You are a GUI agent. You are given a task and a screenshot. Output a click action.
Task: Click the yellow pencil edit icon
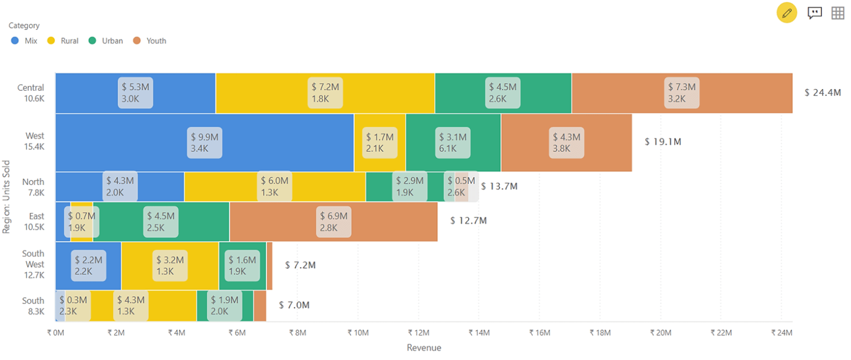click(786, 13)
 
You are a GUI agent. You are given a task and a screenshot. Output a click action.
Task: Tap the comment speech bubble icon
click(814, 13)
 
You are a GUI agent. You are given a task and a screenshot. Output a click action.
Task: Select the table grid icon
click(838, 13)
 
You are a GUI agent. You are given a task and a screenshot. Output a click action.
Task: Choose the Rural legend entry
click(63, 41)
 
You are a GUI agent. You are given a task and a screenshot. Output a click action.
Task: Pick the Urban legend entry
click(106, 41)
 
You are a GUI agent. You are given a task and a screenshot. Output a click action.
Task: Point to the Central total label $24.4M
click(823, 92)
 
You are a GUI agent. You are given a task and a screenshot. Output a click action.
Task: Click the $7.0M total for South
click(294, 305)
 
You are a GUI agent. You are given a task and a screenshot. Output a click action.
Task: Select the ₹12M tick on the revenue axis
click(418, 333)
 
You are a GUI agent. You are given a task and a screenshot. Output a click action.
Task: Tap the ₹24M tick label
click(781, 333)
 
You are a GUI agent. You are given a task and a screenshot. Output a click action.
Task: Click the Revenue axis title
click(424, 348)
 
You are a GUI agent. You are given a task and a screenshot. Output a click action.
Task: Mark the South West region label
click(33, 264)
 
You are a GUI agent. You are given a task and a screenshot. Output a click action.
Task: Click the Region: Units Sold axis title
click(7, 197)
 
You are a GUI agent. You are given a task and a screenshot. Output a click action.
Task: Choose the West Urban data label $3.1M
click(453, 142)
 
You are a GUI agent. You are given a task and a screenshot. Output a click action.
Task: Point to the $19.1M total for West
click(663, 142)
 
